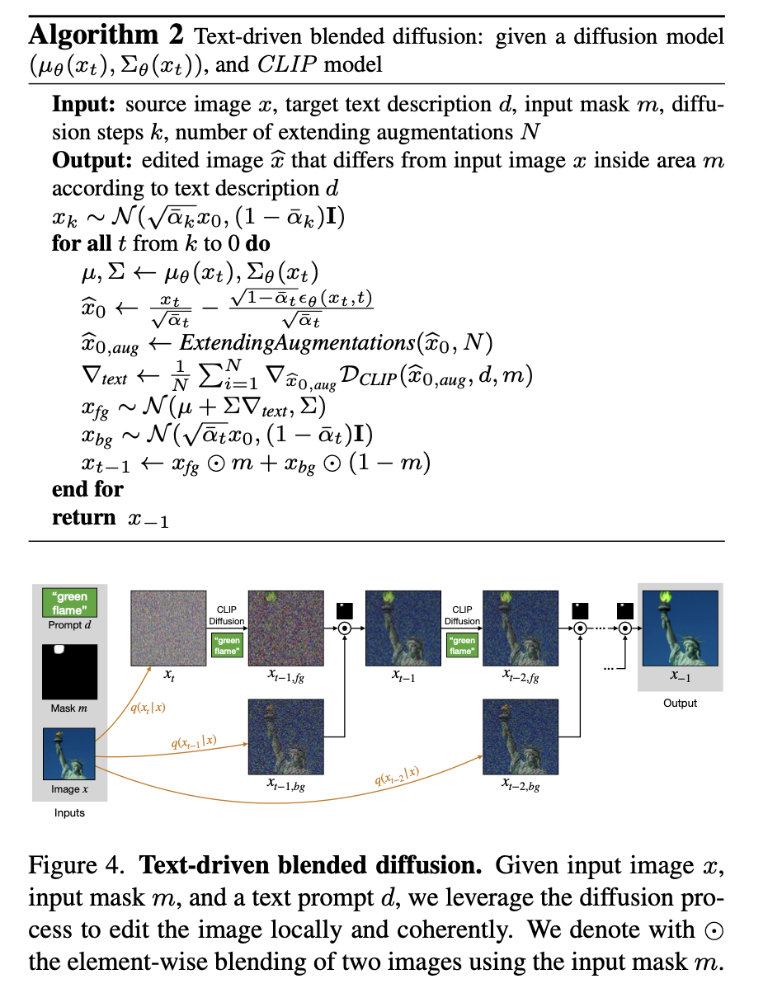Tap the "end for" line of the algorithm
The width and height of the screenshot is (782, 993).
click(x=87, y=489)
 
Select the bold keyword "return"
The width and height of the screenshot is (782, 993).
click(x=83, y=518)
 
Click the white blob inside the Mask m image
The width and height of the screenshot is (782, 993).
click(x=58, y=651)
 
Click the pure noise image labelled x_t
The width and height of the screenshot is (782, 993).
click(x=168, y=628)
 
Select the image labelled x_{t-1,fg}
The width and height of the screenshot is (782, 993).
click(x=284, y=628)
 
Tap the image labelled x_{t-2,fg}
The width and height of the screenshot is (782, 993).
click(x=520, y=628)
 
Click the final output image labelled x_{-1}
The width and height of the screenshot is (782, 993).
click(x=680, y=628)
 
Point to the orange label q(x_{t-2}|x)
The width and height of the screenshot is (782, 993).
click(x=400, y=776)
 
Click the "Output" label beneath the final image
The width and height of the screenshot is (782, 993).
click(x=680, y=704)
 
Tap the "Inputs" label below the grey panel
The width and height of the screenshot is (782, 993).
click(x=69, y=813)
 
